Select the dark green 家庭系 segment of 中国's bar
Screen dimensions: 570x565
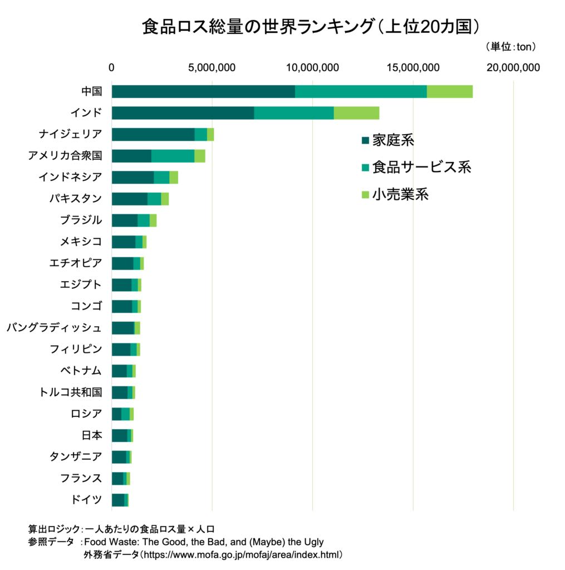(203, 91)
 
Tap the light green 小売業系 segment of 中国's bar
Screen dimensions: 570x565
(450, 91)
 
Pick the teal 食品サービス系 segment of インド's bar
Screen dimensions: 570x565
(294, 112)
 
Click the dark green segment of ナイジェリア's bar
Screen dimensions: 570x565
(153, 134)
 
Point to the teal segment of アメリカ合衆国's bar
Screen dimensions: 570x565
(173, 156)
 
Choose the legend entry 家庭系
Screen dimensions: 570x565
(387, 140)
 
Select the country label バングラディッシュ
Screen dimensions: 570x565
(55, 327)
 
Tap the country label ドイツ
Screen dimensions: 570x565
(86, 499)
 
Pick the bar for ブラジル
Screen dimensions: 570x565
(134, 220)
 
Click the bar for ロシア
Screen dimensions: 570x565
(122, 414)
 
